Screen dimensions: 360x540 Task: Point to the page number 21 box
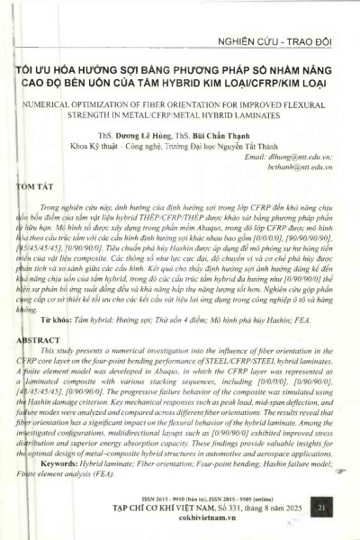tap(321, 509)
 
